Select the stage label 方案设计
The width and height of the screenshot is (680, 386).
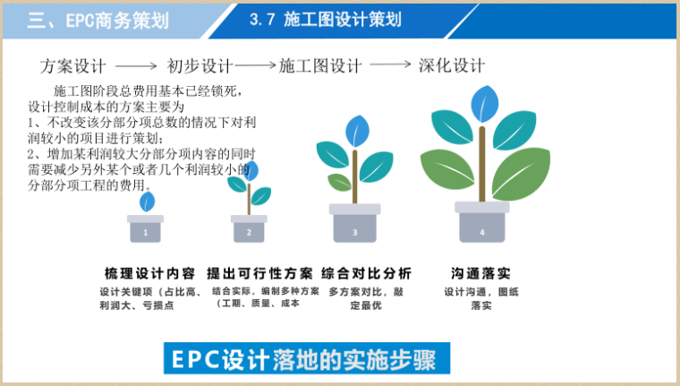pos(73,65)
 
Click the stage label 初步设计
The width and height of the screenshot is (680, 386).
pos(200,65)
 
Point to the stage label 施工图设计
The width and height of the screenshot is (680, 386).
pos(320,65)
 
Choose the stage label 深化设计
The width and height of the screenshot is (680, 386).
pos(452,65)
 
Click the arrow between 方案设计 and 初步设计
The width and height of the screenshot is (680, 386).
pos(136,66)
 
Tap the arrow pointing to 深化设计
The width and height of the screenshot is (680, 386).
pos(390,65)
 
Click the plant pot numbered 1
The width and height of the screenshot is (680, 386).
pos(145,229)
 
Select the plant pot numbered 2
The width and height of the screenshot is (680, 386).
pos(249,229)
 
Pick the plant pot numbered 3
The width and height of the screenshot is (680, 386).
pos(354,224)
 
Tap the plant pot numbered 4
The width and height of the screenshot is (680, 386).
pos(482,223)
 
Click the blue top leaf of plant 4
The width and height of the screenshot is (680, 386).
pos(484,103)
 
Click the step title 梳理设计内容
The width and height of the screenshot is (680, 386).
pos(149,273)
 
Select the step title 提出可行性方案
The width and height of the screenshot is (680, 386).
pos(259,273)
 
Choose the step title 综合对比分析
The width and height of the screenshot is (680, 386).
pos(367,273)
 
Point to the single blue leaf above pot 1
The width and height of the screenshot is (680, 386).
pos(147,200)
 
